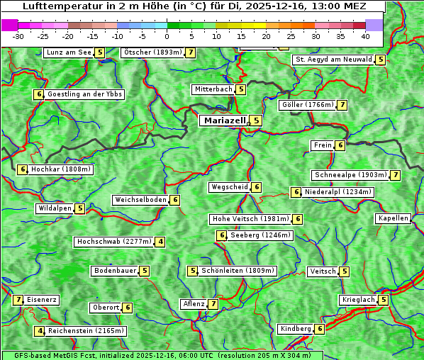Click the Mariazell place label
[x=224, y=120]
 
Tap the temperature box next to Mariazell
[x=256, y=120]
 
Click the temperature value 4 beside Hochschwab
[x=161, y=242]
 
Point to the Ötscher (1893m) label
[x=152, y=52]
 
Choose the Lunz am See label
[x=69, y=52]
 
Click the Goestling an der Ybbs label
[x=85, y=94]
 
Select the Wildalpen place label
[x=55, y=208]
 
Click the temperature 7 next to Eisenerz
[x=18, y=300]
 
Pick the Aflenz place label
[x=194, y=304]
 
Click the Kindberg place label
[x=296, y=329]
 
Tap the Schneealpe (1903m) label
[x=350, y=175]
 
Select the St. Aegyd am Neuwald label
[x=333, y=60]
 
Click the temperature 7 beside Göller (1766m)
[x=342, y=105]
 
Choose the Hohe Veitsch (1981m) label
[x=250, y=219]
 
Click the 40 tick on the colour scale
[x=365, y=36]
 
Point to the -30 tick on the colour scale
[x=18, y=36]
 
